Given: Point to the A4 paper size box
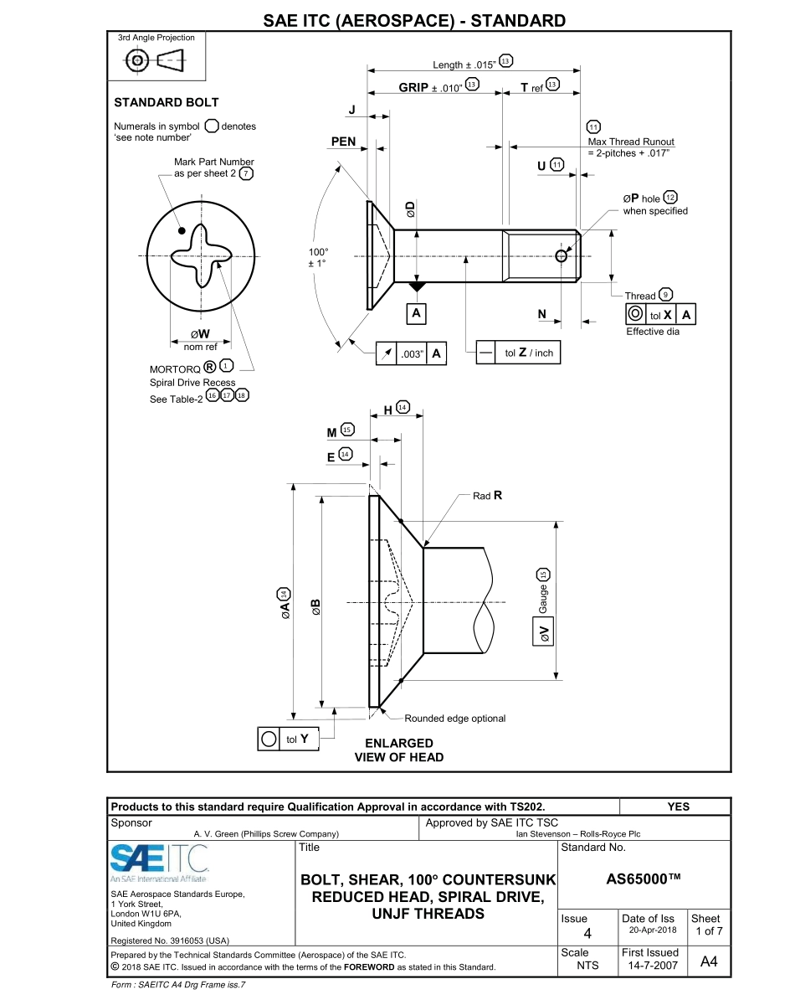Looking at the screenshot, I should pyautogui.click(x=708, y=961).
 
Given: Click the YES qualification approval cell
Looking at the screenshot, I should pyautogui.click(x=678, y=807).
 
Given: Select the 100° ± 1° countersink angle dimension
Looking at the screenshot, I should pyautogui.click(x=318, y=257).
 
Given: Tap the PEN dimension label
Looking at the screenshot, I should pyautogui.click(x=343, y=142).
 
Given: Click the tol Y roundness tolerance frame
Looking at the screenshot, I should pyautogui.click(x=287, y=740).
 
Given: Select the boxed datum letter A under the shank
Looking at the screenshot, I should pyautogui.click(x=416, y=313).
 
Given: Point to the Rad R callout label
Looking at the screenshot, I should pyautogui.click(x=487, y=496).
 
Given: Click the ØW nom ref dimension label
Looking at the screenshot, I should pyautogui.click(x=200, y=339).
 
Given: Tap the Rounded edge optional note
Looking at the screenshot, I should pyautogui.click(x=454, y=718).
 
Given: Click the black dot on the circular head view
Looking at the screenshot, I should pyautogui.click(x=182, y=230).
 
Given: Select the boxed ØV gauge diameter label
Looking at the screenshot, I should pyautogui.click(x=543, y=632).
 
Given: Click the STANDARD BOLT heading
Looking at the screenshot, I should pyautogui.click(x=166, y=102).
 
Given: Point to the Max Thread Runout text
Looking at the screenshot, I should pyautogui.click(x=631, y=142).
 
